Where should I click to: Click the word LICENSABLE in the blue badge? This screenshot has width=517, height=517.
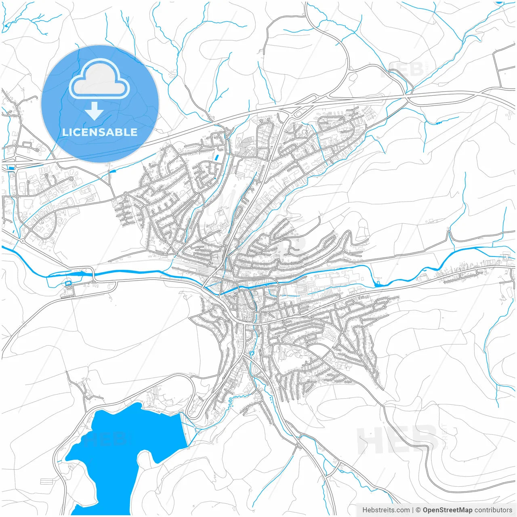pyautogui.click(x=100, y=132)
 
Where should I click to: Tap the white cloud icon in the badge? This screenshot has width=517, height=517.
pyautogui.click(x=99, y=79)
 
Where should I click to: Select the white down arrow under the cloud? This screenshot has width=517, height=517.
pyautogui.click(x=95, y=111)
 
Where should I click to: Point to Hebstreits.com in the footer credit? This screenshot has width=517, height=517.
pyautogui.click(x=386, y=510)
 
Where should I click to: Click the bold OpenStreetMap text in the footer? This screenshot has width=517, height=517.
pyautogui.click(x=447, y=510)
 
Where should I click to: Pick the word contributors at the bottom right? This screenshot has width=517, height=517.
pyautogui.click(x=493, y=510)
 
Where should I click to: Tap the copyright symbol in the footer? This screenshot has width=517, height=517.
pyautogui.click(x=418, y=510)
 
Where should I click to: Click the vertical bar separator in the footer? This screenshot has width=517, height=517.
pyautogui.click(x=413, y=510)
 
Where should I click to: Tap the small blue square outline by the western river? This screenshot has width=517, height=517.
pyautogui.click(x=68, y=283)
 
